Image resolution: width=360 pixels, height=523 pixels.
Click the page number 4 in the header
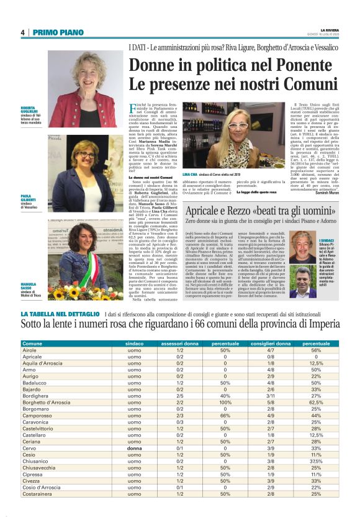coord(22,32)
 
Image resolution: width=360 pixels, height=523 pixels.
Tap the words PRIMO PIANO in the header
coord(54,32)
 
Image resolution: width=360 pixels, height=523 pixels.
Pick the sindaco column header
coord(135,343)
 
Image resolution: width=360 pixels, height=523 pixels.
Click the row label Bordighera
coord(36,395)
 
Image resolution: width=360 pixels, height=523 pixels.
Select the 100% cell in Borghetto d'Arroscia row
coord(217,402)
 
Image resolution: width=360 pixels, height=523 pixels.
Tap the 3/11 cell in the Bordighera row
coord(271,395)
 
